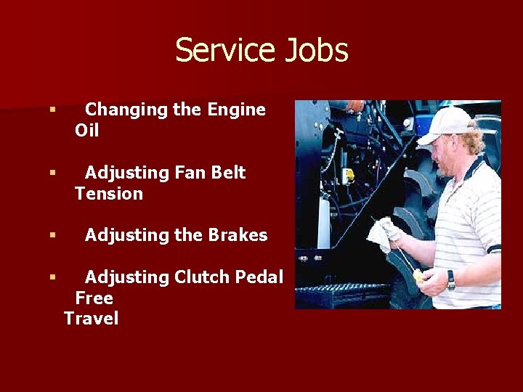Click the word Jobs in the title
click(316, 51)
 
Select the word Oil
click(86, 131)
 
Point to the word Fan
click(189, 173)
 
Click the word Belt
click(228, 173)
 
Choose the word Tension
click(109, 194)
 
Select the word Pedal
click(261, 277)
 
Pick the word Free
click(94, 298)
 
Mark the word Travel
click(91, 319)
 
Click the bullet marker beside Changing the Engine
click(52, 110)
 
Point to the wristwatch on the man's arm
click(451, 279)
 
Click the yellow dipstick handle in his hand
click(420, 275)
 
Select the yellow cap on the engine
click(349, 175)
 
